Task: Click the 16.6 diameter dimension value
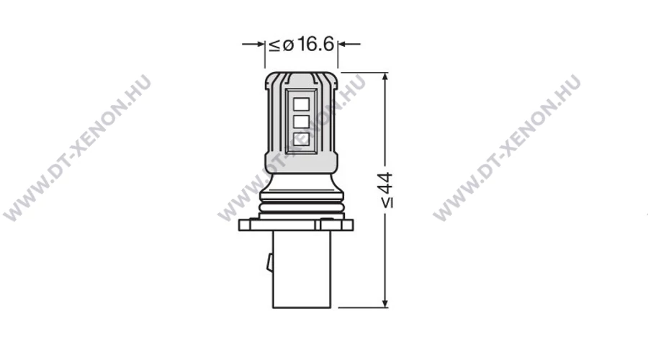tap(315, 44)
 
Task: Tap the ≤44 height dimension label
tap(387, 190)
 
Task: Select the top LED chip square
tap(301, 104)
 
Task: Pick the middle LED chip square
tap(301, 122)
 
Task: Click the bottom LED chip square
tap(301, 139)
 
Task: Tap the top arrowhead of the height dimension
tap(385, 77)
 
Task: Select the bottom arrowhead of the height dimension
tap(385, 303)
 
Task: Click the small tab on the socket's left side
tap(270, 263)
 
